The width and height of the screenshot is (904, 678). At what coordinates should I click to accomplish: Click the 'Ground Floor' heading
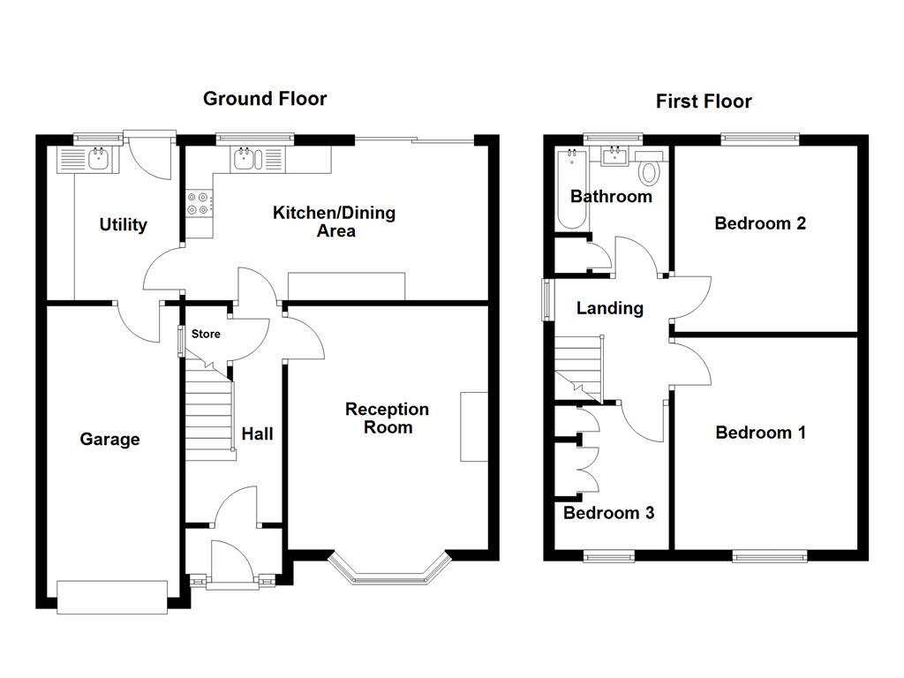pos(265,98)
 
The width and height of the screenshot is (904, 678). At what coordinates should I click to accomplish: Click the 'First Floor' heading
pos(704,102)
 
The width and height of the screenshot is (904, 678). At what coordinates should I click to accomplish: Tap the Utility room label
pos(123,225)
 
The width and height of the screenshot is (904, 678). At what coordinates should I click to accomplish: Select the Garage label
pos(109,440)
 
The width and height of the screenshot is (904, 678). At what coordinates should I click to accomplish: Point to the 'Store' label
pos(206,335)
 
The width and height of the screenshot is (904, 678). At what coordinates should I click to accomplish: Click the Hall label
pos(258,433)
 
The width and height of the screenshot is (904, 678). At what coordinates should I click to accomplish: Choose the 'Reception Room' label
pos(387,418)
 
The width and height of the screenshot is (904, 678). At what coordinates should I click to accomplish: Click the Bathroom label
pos(611,196)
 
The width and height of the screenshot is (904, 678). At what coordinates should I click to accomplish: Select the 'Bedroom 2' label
pos(760,223)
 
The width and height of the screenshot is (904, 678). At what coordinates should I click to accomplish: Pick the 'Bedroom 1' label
pos(760,433)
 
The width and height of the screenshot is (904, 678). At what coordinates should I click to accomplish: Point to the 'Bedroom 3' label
pos(609,513)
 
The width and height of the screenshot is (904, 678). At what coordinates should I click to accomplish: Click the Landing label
pos(609,308)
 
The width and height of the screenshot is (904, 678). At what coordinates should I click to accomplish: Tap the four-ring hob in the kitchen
pos(198,204)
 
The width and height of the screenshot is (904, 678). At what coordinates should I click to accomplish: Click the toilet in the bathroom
pos(651,171)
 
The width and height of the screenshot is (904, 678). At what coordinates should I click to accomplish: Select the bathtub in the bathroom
pos(570,189)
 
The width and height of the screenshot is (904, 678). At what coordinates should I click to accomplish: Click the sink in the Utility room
pos(96,159)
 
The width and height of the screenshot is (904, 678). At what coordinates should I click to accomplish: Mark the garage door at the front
pos(112,597)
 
